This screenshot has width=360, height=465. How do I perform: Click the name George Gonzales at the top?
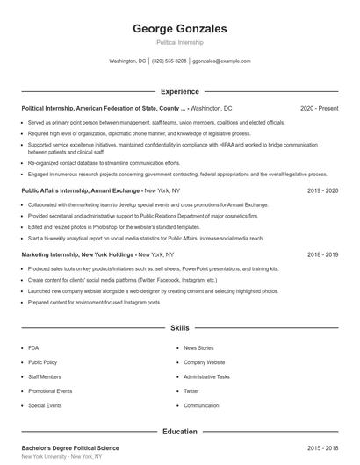[179, 27]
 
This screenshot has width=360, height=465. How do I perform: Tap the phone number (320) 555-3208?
[169, 61]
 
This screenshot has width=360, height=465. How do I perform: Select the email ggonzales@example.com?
[221, 61]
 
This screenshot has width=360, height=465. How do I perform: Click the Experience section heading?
[179, 91]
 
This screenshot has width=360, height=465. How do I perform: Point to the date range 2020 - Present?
[319, 108]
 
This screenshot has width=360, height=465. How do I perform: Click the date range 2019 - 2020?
[323, 190]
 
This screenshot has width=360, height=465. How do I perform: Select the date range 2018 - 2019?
[323, 254]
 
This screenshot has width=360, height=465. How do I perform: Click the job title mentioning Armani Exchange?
[81, 190]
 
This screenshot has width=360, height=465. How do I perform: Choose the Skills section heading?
[179, 328]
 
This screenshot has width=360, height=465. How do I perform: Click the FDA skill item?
[33, 348]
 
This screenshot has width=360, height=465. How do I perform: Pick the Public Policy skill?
[42, 362]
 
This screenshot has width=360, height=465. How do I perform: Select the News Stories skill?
[198, 348]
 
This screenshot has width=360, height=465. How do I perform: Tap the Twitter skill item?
[191, 391]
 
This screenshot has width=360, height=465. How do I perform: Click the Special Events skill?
[45, 405]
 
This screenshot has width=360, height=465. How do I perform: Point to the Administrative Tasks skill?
[206, 376]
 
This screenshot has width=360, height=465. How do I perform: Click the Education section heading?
[179, 432]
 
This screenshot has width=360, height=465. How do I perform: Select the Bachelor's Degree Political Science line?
[69, 448]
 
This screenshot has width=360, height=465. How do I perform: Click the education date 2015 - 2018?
[323, 448]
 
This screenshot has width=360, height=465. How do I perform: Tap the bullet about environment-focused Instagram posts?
[94, 302]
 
